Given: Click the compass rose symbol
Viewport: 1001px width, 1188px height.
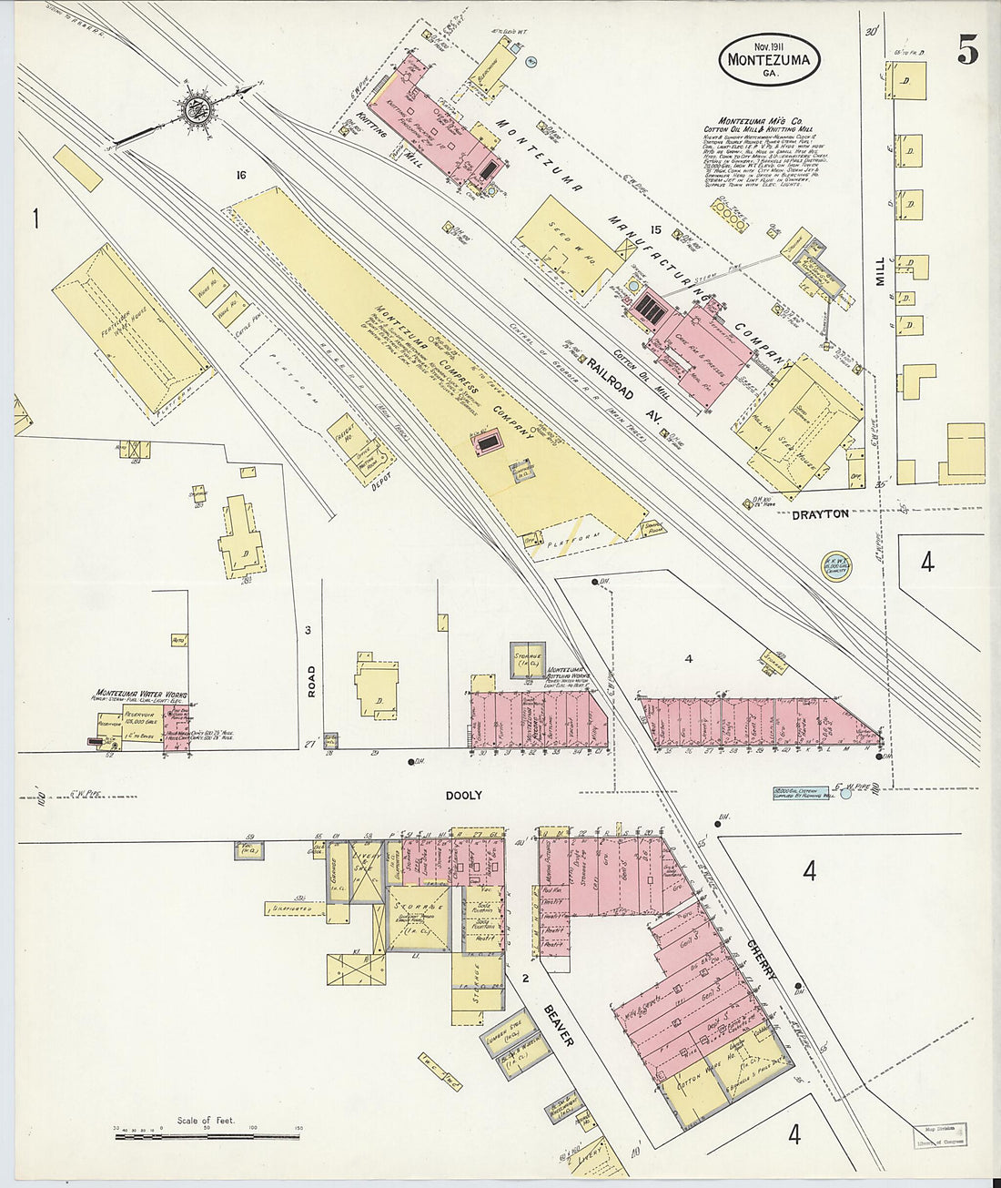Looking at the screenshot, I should (x=194, y=109).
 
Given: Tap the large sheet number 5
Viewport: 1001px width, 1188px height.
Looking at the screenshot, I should (x=967, y=53).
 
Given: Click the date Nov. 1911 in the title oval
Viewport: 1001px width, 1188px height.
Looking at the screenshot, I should (x=769, y=46).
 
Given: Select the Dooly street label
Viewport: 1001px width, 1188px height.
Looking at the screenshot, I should (x=463, y=795).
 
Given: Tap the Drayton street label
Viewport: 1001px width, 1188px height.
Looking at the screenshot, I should (x=820, y=514).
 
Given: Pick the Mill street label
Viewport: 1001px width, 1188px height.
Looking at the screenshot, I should (x=880, y=270).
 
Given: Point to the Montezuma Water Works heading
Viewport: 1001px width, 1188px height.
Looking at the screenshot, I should (x=141, y=695).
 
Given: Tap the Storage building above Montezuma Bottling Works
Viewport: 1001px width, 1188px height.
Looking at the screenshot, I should (x=526, y=659).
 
